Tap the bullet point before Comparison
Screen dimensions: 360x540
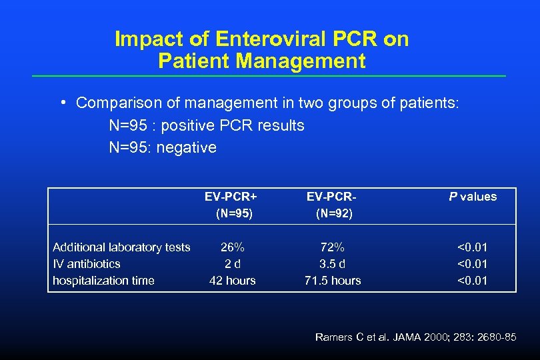[x=61, y=103]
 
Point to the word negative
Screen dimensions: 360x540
[x=187, y=147]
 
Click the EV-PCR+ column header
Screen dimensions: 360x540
[x=231, y=196]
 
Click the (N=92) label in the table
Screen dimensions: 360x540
[x=334, y=213]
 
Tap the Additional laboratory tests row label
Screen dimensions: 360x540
[x=121, y=247]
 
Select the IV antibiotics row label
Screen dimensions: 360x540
[x=87, y=264]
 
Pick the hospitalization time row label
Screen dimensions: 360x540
[x=103, y=281]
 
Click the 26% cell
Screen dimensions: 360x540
[x=232, y=247]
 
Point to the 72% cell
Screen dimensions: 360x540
[x=332, y=247]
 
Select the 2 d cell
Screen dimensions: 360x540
[x=232, y=264]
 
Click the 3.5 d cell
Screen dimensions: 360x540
[x=332, y=264]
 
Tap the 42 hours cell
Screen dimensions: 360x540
[x=232, y=281]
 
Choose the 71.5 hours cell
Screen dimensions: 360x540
[x=332, y=281]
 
